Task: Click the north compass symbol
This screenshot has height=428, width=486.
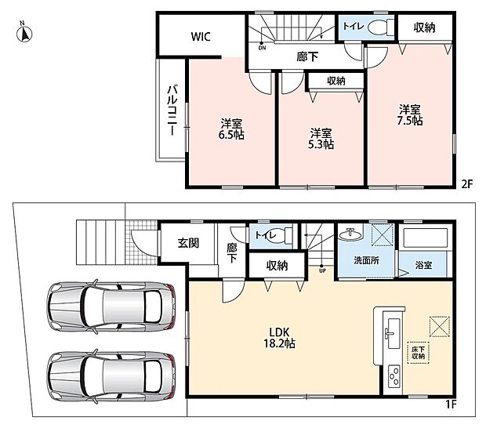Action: click(24, 33)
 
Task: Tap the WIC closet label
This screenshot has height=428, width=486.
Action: click(201, 37)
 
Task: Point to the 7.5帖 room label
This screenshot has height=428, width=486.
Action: click(410, 115)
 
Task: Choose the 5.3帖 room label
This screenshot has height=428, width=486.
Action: click(321, 139)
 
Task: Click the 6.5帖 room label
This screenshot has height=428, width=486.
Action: click(231, 129)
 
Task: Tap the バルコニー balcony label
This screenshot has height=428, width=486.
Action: click(172, 111)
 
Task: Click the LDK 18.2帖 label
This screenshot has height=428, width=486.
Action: click(279, 338)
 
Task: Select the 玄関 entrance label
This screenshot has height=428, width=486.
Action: click(188, 243)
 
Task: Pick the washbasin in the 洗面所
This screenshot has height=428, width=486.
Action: click(350, 234)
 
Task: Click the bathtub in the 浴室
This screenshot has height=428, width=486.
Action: click(424, 238)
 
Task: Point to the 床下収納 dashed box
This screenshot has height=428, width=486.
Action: click(418, 353)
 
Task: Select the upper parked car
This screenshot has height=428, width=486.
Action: click(111, 306)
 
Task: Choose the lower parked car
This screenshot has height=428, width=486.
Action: click(111, 376)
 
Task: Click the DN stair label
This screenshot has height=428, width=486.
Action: click(263, 48)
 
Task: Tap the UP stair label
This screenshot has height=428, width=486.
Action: click(322, 270)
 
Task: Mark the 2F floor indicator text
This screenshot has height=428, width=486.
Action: click(466, 184)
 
